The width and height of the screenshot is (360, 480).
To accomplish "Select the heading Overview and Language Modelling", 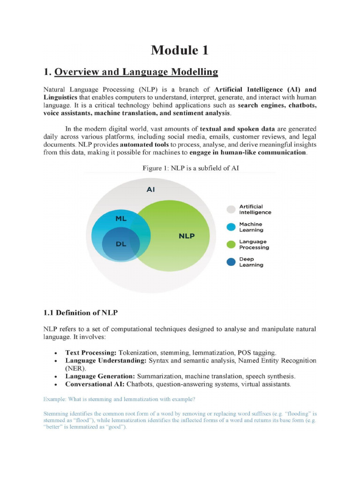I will coord(136,72).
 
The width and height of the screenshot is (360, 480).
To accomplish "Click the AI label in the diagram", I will coord(151,190).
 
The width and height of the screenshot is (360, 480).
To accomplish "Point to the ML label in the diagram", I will coord(121,218).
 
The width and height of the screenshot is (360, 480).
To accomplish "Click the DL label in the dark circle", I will coord(121,244).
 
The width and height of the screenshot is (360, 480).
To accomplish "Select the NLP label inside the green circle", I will coord(187,236).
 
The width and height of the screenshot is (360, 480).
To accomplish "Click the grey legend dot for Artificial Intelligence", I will coord(231,210).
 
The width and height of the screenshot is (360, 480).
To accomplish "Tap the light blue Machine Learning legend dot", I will coord(231,227).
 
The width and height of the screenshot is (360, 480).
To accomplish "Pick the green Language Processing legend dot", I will coord(231,245).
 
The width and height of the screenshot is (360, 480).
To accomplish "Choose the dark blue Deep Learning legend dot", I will coord(231,262).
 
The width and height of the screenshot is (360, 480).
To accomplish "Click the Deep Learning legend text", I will coord(251,262).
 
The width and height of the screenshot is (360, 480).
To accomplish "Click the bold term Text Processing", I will coord(91,352).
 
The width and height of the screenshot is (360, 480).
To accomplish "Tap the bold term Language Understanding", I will coord(106,360).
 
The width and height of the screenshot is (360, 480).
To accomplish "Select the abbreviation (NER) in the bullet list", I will coord(76,368).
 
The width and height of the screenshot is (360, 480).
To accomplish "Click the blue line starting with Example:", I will coord(119,399).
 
